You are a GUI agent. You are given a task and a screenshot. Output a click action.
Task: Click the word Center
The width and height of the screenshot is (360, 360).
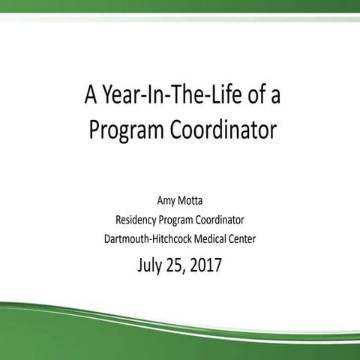[x=250, y=239]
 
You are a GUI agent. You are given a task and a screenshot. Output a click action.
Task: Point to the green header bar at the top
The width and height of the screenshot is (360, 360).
[x=180, y=7]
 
